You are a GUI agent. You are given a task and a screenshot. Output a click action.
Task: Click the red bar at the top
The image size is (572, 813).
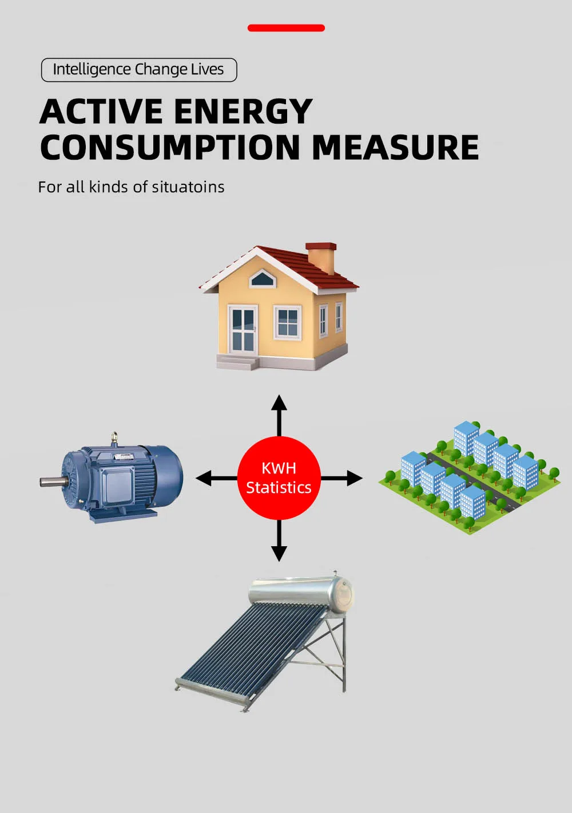pos(286,27)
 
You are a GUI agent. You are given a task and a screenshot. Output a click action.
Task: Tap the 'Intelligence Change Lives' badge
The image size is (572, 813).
pos(138,70)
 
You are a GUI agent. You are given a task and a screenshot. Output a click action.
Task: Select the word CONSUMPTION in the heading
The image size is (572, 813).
pos(170,147)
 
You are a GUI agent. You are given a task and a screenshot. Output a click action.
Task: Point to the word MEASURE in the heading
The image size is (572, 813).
pos(395,147)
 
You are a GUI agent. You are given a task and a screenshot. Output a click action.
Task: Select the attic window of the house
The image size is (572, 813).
pos(263,279)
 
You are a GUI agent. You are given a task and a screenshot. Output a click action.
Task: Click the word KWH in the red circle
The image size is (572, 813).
pos(279,468)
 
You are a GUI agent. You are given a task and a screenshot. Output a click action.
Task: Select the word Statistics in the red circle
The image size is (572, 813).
pos(279,488)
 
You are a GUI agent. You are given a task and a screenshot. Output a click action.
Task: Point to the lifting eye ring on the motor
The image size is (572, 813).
pos(114,438)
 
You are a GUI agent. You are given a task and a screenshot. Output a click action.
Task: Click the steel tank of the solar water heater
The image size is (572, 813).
pos(300,591)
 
